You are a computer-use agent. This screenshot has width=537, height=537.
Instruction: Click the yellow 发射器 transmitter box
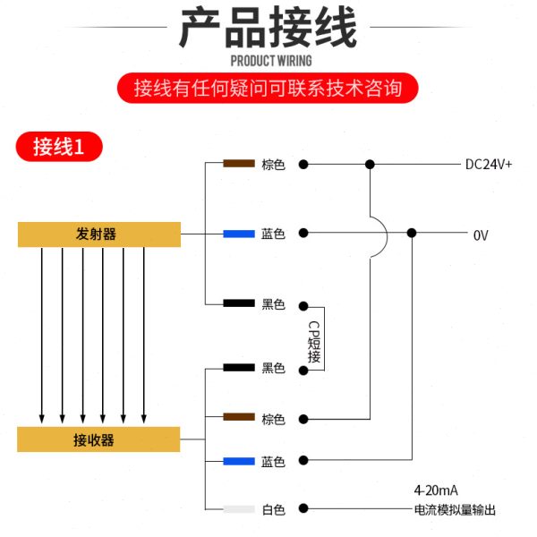tap(99, 234)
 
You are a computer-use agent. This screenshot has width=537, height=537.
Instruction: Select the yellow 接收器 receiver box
tap(98, 439)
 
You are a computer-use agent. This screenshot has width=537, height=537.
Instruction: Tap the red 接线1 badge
tap(59, 147)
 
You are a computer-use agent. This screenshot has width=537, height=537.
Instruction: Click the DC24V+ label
tap(489, 165)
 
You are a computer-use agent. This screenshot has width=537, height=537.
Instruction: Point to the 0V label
tap(481, 235)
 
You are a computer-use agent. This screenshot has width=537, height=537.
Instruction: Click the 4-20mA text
tap(436, 490)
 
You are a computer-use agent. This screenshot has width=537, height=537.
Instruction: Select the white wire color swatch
tap(239, 509)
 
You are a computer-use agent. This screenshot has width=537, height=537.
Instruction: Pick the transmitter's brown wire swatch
tap(239, 164)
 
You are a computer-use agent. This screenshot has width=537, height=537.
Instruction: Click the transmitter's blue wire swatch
tap(239, 234)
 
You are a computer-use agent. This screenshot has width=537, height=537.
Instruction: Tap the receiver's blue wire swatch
tap(239, 461)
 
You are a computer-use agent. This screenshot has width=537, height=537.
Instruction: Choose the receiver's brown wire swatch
tap(239, 417)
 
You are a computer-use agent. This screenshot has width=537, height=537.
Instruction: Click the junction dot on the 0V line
tap(412, 234)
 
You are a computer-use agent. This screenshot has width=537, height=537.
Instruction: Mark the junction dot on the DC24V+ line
tap(370, 165)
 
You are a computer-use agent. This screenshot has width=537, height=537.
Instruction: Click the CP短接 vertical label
tap(314, 342)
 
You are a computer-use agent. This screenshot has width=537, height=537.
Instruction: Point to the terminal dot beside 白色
tap(303, 508)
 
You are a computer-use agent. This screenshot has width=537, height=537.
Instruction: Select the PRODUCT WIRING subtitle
tap(271, 61)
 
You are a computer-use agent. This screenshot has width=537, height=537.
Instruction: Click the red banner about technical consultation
tap(268, 88)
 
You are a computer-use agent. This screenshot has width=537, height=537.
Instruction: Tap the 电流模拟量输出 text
tap(455, 510)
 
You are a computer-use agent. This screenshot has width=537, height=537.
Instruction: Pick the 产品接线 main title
tap(268, 28)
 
